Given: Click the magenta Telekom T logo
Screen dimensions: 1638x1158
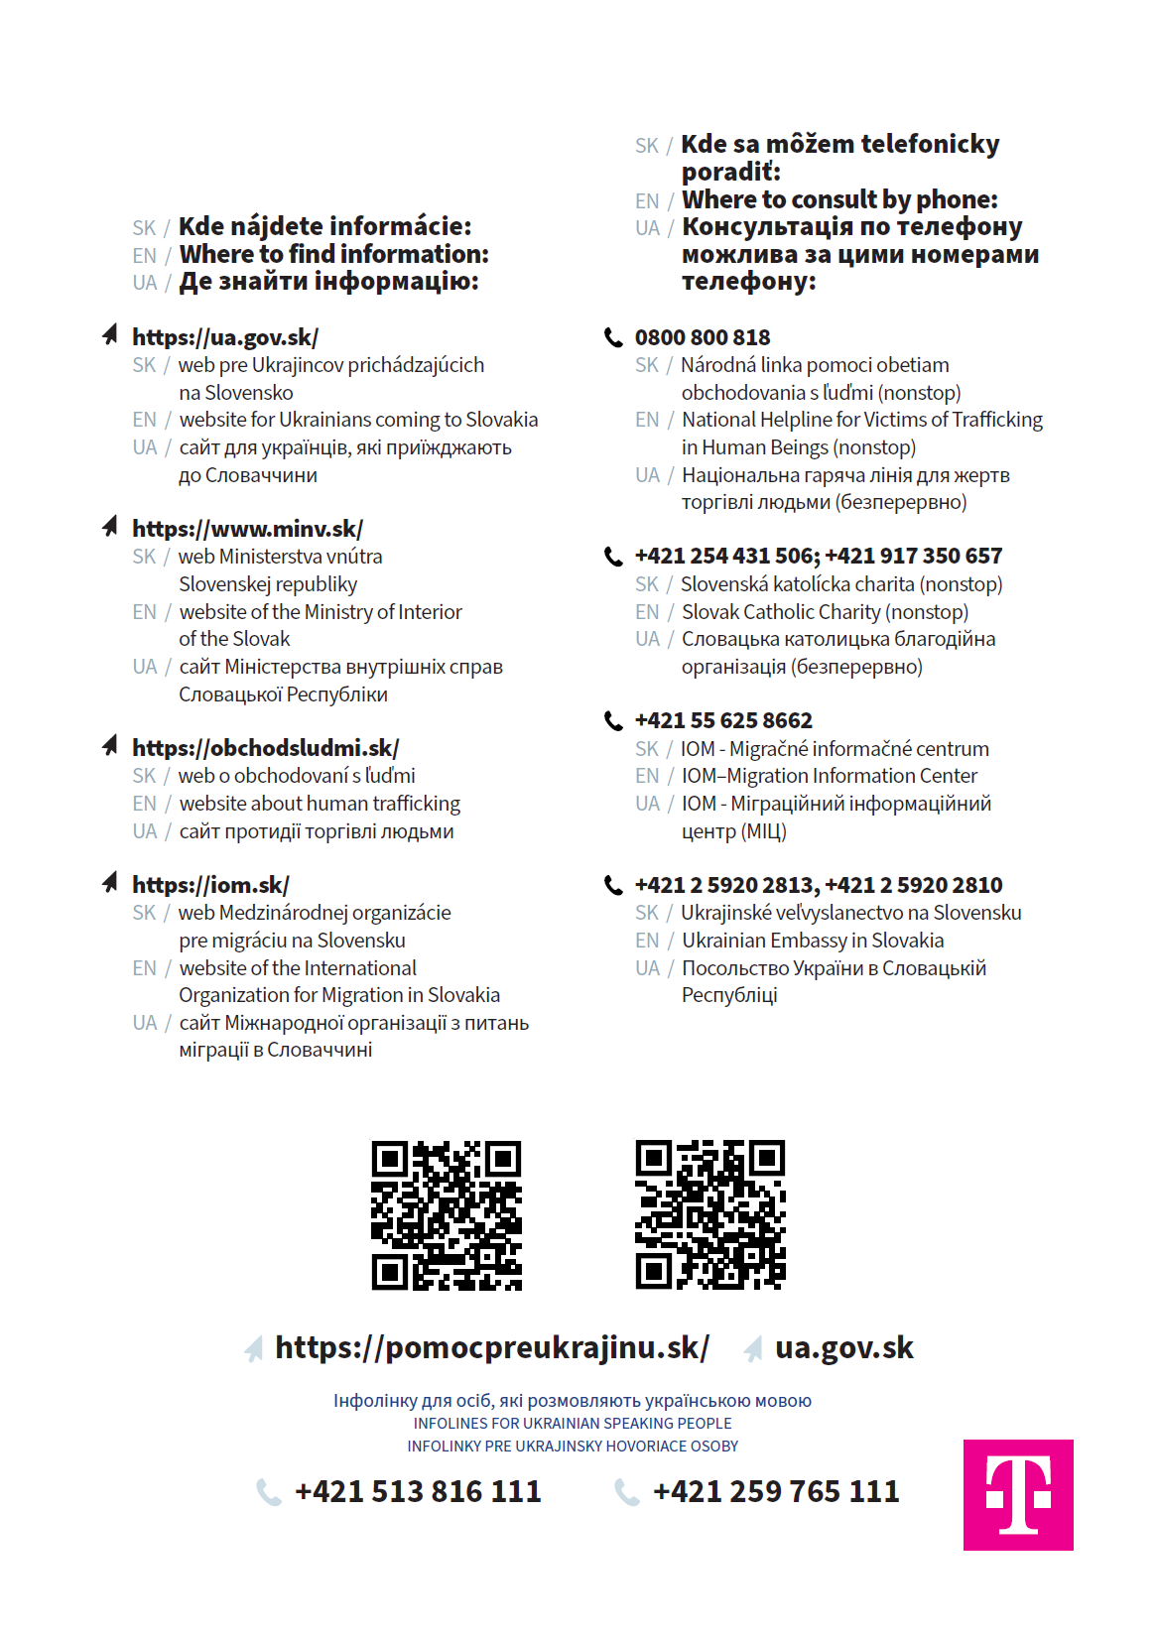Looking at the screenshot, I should pos(1018,1494).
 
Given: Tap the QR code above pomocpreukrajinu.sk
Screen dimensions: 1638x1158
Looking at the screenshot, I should pos(447,1215).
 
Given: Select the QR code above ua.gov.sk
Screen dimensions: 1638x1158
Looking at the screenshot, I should pos(710,1215).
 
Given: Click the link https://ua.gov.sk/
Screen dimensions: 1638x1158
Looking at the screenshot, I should pos(225,337).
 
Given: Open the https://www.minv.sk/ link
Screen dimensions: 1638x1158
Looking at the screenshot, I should pos(247,529).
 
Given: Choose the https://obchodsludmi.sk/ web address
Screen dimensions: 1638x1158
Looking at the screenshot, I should pos(265,748).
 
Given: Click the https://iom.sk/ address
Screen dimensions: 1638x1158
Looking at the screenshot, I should pos(210,885).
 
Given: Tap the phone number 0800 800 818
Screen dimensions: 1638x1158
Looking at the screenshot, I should pos(703,337).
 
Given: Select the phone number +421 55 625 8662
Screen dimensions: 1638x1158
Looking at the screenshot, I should pos(723,720).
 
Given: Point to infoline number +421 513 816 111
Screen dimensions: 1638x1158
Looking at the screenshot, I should pos(418,1491).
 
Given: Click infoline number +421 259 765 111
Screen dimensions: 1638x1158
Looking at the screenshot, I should pos(776,1491).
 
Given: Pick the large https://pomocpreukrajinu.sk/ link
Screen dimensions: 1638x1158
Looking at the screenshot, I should pos(492,1347).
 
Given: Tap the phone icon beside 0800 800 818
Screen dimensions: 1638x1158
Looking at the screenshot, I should pos(614,337).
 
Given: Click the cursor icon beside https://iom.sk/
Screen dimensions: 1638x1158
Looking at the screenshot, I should pos(110,883).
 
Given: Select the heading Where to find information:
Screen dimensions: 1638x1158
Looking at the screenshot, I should pos(334,254).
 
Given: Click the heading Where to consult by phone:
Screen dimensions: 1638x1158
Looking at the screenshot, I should pos(839,199).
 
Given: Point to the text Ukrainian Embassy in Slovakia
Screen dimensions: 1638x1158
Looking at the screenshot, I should pos(813,941).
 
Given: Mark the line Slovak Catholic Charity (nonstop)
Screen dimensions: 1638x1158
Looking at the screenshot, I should pos(825,612).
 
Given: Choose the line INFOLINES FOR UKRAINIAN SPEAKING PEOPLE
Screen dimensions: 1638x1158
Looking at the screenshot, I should pos(573,1424).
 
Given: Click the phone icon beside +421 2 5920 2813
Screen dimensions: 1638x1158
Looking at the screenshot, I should pos(614,885).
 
